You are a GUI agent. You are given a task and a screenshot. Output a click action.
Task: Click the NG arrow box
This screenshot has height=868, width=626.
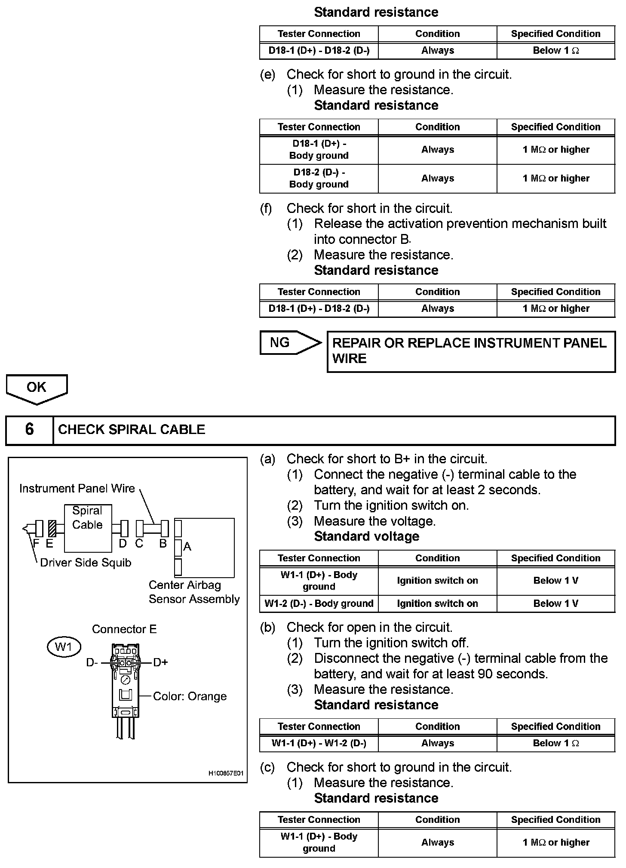point(289,343)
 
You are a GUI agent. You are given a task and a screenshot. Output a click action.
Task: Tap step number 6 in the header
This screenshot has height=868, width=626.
point(29,430)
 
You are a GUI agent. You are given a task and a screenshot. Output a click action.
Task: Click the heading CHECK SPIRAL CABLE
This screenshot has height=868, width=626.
point(132,430)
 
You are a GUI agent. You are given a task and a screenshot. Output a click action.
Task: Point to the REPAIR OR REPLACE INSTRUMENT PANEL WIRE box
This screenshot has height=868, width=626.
point(471,351)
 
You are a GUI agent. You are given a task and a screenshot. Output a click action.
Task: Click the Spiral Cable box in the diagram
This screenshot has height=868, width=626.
point(88,528)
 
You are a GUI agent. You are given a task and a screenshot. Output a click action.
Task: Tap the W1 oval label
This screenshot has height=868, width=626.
point(64,646)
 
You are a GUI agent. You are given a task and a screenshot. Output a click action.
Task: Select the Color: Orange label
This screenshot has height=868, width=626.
point(190,696)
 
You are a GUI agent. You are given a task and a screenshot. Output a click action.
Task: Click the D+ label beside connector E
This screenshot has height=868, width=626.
point(160,662)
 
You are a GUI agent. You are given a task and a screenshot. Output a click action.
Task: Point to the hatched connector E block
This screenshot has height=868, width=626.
point(52,528)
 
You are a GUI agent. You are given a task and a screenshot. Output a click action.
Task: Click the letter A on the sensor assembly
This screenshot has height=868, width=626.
point(187,547)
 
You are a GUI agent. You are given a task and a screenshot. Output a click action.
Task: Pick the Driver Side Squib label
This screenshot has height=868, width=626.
point(86,563)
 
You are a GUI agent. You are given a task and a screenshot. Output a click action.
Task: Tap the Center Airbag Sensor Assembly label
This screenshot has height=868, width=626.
point(194,592)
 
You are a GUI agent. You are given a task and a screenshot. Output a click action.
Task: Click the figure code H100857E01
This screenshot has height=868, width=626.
point(226,773)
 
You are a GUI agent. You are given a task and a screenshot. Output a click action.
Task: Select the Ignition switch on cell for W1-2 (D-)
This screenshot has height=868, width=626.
point(437,603)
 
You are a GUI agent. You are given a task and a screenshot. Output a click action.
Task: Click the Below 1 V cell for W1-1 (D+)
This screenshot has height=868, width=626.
point(555,581)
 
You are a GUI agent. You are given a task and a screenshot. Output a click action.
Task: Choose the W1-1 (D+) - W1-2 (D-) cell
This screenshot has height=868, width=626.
point(319,743)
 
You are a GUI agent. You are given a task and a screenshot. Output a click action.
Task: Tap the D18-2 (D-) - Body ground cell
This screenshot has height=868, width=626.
point(319,179)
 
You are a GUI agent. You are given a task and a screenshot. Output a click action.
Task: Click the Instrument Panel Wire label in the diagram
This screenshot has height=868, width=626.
point(77,489)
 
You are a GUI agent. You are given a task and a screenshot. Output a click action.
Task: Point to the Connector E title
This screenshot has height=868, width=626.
point(124,629)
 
